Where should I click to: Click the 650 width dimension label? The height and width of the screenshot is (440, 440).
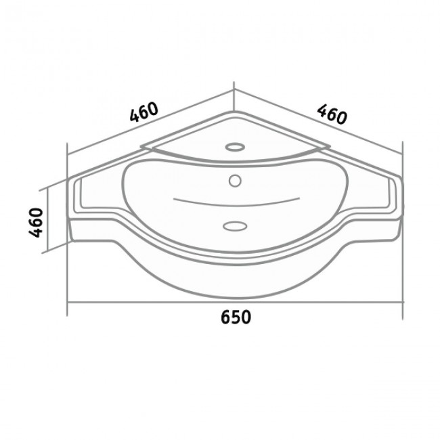tap(236, 317)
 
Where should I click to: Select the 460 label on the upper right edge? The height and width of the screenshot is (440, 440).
tap(332, 114)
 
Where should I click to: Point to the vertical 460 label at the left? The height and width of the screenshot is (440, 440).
tap(36, 223)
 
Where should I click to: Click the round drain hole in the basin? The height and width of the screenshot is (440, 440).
tap(235, 181)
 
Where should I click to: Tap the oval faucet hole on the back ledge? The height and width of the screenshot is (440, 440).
tap(235, 147)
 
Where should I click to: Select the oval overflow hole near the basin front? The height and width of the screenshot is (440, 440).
tap(235, 226)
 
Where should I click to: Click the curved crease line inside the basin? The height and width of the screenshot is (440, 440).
tap(236, 203)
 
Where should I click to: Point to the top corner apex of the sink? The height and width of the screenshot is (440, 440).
tap(234, 112)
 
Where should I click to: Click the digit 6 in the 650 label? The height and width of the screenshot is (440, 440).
tap(226, 317)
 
